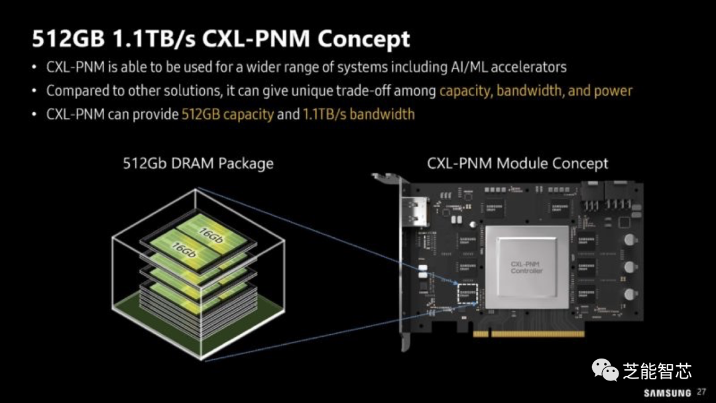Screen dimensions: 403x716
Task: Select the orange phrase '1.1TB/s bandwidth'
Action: tap(359, 114)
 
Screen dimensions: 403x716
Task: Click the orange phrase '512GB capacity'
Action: tap(227, 114)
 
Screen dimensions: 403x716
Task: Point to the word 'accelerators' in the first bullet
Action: tap(527, 67)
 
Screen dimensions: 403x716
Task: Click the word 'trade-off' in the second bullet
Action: tap(365, 91)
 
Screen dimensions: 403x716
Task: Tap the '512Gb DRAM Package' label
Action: tap(198, 163)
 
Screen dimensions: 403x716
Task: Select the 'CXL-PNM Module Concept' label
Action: tap(518, 163)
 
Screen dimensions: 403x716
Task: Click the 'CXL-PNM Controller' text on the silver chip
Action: tap(526, 267)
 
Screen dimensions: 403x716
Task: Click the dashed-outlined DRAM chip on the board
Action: tap(467, 292)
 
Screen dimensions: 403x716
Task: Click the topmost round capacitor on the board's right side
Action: tap(628, 239)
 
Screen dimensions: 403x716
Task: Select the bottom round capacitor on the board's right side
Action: tap(628, 295)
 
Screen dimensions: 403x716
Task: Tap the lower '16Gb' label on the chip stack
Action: tap(182, 251)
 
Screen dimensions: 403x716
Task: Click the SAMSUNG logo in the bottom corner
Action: tap(667, 392)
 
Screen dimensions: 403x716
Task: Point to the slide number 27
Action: tap(701, 392)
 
